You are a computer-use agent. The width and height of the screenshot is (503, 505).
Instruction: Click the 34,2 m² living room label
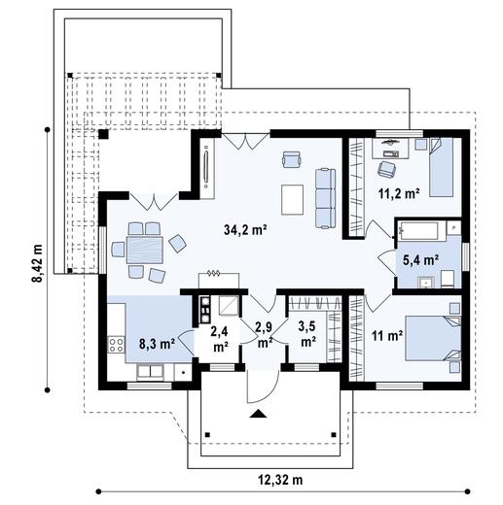pyautogui.click(x=245, y=229)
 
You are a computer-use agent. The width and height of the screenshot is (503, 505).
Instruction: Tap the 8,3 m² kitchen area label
pyautogui.click(x=158, y=344)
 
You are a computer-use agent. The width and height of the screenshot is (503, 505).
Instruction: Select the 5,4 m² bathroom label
pyautogui.click(x=421, y=259)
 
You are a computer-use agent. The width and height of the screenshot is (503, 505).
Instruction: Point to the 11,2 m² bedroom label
pyautogui.click(x=399, y=193)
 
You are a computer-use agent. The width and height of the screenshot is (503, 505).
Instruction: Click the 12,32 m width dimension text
pyautogui.click(x=280, y=480)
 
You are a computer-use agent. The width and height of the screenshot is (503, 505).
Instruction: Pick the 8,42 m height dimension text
pyautogui.click(x=37, y=263)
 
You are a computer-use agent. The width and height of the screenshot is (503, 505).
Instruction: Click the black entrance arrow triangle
pyautogui.click(x=258, y=414)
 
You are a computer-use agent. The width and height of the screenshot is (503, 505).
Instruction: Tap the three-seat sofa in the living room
pyautogui.click(x=326, y=198)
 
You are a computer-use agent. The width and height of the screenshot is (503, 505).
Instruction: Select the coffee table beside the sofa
pyautogui.click(x=293, y=199)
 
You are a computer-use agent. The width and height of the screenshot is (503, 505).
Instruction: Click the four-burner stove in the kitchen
pyautogui.click(x=116, y=345)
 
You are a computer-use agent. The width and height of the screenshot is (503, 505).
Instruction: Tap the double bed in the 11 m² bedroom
pyautogui.click(x=433, y=338)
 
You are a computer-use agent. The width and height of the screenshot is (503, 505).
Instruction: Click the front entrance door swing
pyautogui.click(x=263, y=387)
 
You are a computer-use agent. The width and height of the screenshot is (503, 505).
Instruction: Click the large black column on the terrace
pyautogui.click(x=103, y=134)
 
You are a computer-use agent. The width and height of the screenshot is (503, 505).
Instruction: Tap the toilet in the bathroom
pyautogui.click(x=449, y=279)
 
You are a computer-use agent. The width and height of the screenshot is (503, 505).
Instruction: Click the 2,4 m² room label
pyautogui.click(x=220, y=339)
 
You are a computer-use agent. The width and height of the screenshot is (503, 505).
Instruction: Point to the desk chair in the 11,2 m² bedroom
pyautogui.click(x=386, y=169)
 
